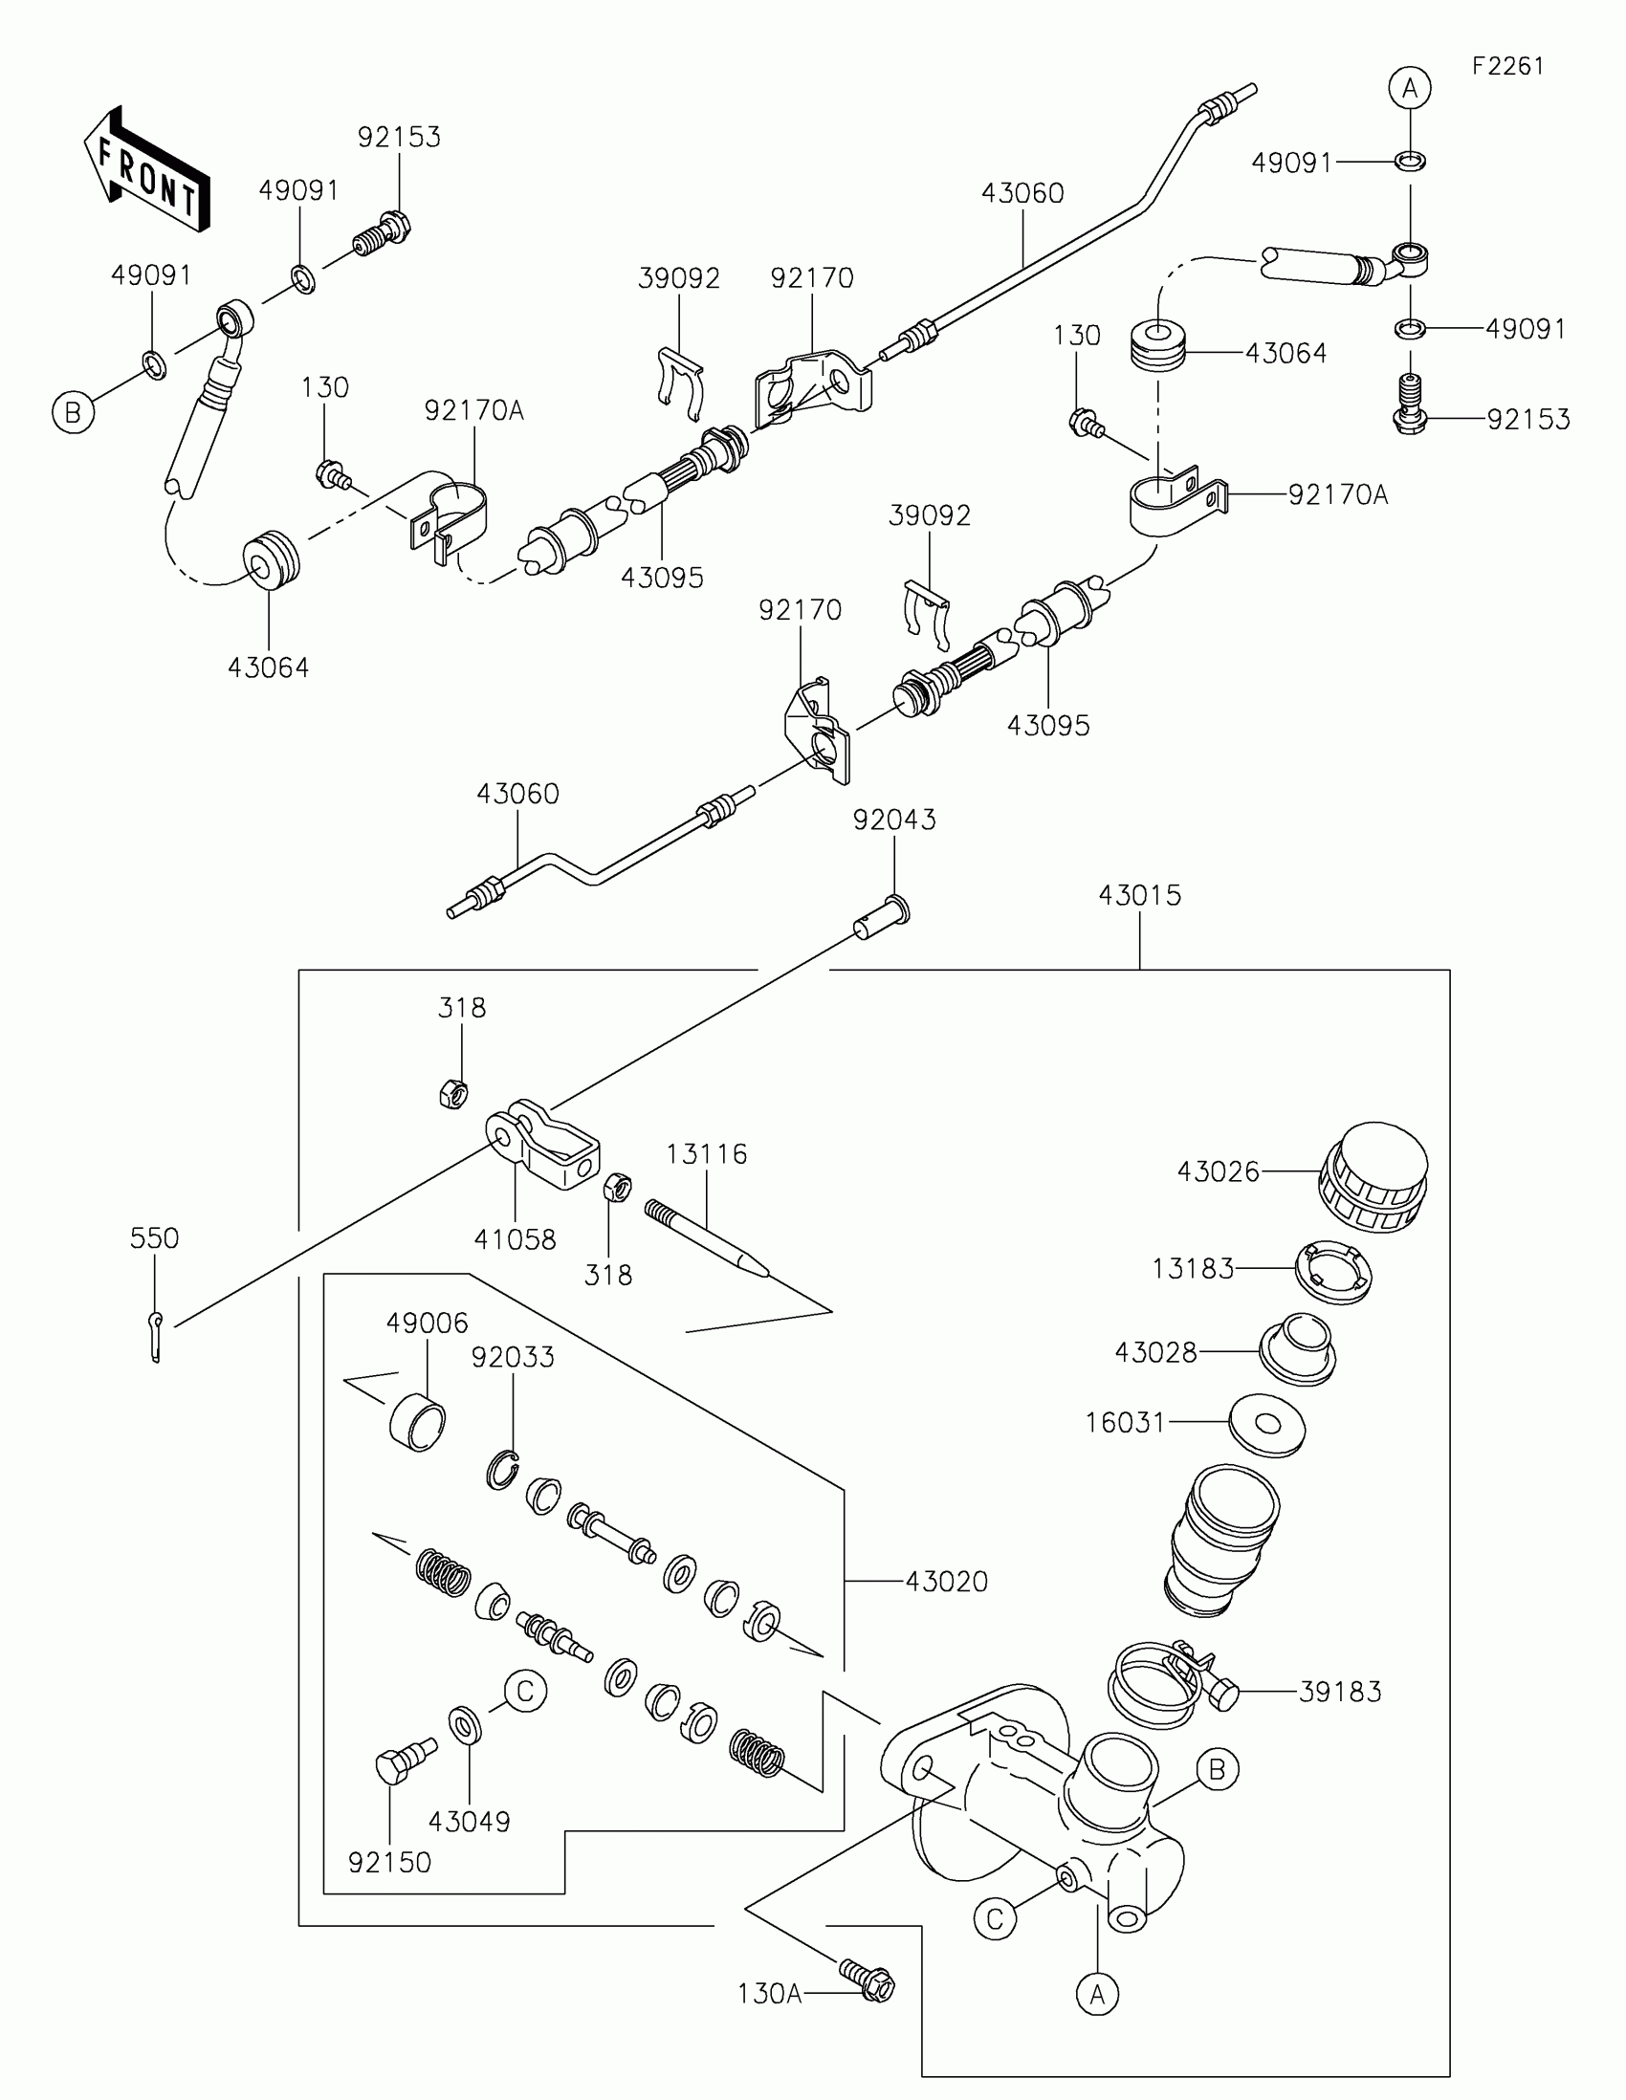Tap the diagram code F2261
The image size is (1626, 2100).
point(1507,66)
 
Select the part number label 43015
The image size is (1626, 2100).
point(1139,895)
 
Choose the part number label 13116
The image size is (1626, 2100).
point(707,1153)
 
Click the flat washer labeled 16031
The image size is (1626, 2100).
point(1266,1423)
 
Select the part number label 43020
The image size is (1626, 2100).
point(946,1582)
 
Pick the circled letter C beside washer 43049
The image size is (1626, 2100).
point(525,1691)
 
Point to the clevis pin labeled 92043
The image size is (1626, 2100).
point(882,919)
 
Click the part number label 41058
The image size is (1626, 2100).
point(515,1239)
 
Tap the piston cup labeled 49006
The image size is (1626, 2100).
point(417,1422)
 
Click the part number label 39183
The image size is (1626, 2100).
point(1339,1692)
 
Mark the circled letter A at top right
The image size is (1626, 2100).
point(1410,89)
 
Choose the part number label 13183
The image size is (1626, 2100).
point(1193,1269)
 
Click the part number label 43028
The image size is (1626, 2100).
point(1155,1352)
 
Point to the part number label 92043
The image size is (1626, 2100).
point(894,820)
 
